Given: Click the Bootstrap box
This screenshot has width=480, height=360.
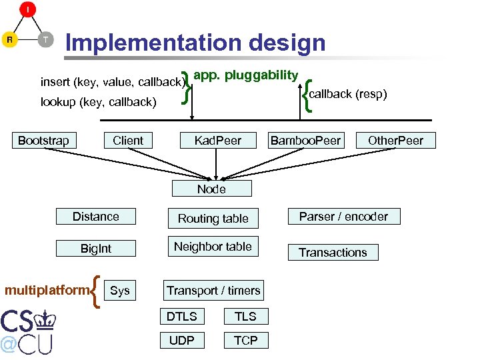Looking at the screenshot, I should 43,140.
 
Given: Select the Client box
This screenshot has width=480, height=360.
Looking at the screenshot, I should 128,140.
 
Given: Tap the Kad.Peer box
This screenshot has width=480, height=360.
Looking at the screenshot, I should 217,140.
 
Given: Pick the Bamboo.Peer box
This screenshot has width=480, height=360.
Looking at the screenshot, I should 305,140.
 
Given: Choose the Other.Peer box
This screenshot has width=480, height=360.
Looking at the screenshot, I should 395,140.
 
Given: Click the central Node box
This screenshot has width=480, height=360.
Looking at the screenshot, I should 211,189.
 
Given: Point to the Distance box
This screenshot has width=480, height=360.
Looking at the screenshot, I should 96,217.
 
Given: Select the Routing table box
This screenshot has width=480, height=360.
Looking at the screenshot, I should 213,218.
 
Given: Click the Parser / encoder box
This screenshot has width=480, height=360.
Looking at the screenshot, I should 343,217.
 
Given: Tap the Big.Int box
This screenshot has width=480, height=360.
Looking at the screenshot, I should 96,249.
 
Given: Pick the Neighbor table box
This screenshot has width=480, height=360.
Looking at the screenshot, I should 213,247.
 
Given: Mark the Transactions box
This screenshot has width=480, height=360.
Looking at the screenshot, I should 333,252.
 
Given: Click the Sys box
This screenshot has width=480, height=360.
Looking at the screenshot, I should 119,291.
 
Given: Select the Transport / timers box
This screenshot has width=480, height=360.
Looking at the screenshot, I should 213,291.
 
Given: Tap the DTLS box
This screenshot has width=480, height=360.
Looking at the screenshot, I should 181,316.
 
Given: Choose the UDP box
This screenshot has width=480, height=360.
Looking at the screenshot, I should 181,340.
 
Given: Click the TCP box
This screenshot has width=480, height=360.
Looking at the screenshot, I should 245,340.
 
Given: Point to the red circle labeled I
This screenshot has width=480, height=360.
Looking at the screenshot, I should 27,10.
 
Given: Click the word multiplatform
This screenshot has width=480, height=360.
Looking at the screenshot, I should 47,290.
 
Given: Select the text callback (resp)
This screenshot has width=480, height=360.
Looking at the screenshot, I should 347,94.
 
